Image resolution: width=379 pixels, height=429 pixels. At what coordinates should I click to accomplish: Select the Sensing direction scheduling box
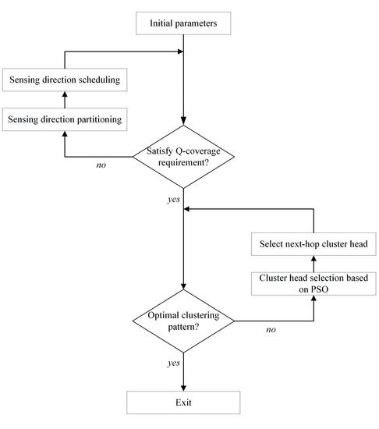click(x=64, y=80)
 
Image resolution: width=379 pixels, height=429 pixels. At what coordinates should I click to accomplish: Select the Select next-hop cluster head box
click(x=314, y=244)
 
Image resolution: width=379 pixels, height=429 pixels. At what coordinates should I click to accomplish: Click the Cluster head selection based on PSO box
click(x=314, y=284)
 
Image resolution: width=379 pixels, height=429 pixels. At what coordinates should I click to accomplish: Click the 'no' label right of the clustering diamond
click(x=271, y=329)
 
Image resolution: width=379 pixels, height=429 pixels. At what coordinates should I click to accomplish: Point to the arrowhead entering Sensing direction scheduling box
click(x=64, y=94)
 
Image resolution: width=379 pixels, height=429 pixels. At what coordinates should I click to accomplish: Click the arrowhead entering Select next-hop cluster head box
click(x=314, y=259)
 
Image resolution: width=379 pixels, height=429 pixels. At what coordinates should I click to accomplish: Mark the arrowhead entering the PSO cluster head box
click(x=314, y=300)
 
